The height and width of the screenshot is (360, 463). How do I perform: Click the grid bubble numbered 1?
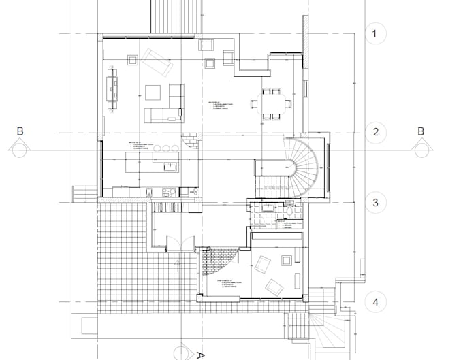pyautogui.click(x=375, y=33)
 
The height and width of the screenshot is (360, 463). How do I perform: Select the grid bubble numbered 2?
pyautogui.click(x=375, y=131)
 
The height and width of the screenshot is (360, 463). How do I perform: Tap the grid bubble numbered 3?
pyautogui.click(x=375, y=203)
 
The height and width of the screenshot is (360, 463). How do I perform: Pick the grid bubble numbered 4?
pyautogui.click(x=375, y=300)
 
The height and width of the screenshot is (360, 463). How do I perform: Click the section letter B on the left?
pyautogui.click(x=20, y=131)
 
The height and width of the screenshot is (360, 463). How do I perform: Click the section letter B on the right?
pyautogui.click(x=421, y=131)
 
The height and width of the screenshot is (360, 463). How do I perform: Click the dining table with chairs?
pyautogui.click(x=271, y=103)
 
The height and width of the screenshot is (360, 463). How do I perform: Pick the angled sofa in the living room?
pyautogui.click(x=156, y=63)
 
